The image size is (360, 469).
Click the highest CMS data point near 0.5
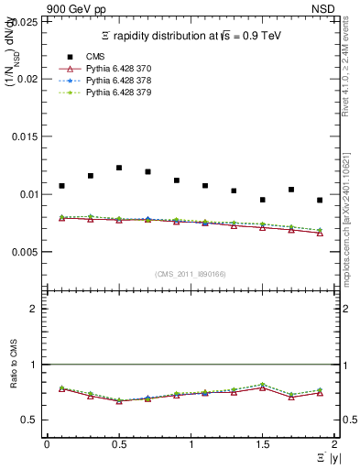pos(119,168)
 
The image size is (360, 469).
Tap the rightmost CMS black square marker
pos(320,200)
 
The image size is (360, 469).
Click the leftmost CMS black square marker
pos(61,186)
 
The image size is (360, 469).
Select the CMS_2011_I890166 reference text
pos(190,273)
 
